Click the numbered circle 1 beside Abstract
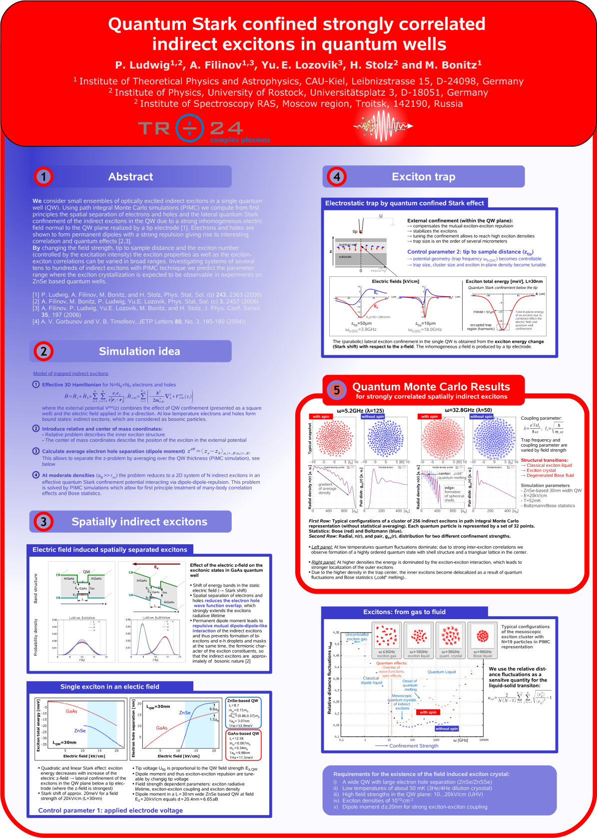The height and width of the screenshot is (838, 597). point(43,176)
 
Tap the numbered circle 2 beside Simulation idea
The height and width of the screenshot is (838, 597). point(43,351)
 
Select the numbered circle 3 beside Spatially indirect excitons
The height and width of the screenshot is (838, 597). point(43,522)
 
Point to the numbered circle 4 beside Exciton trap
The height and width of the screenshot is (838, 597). point(337,176)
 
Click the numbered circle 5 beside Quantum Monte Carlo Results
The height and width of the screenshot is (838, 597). point(337,390)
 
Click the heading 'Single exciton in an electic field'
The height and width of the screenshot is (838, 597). point(110,687)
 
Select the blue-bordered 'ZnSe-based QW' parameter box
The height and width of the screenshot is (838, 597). point(243,713)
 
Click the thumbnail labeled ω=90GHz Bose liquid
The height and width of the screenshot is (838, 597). point(483,640)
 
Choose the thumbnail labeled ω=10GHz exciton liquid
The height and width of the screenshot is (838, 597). point(419,640)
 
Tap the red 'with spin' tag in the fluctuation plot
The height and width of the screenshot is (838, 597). point(428,712)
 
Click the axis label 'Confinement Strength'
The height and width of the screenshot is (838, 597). point(414,746)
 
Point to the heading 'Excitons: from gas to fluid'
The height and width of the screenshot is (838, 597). point(404,612)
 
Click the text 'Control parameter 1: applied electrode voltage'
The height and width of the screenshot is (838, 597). point(110,811)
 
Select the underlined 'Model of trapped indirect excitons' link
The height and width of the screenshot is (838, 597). point(70,373)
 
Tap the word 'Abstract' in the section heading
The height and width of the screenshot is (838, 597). point(131,176)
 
